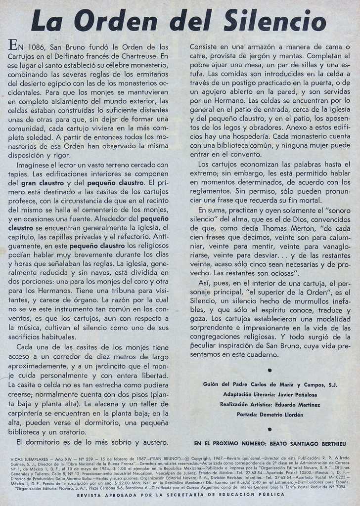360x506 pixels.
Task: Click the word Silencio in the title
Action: tap(274, 21)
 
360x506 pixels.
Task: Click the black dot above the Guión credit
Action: tap(270, 370)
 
